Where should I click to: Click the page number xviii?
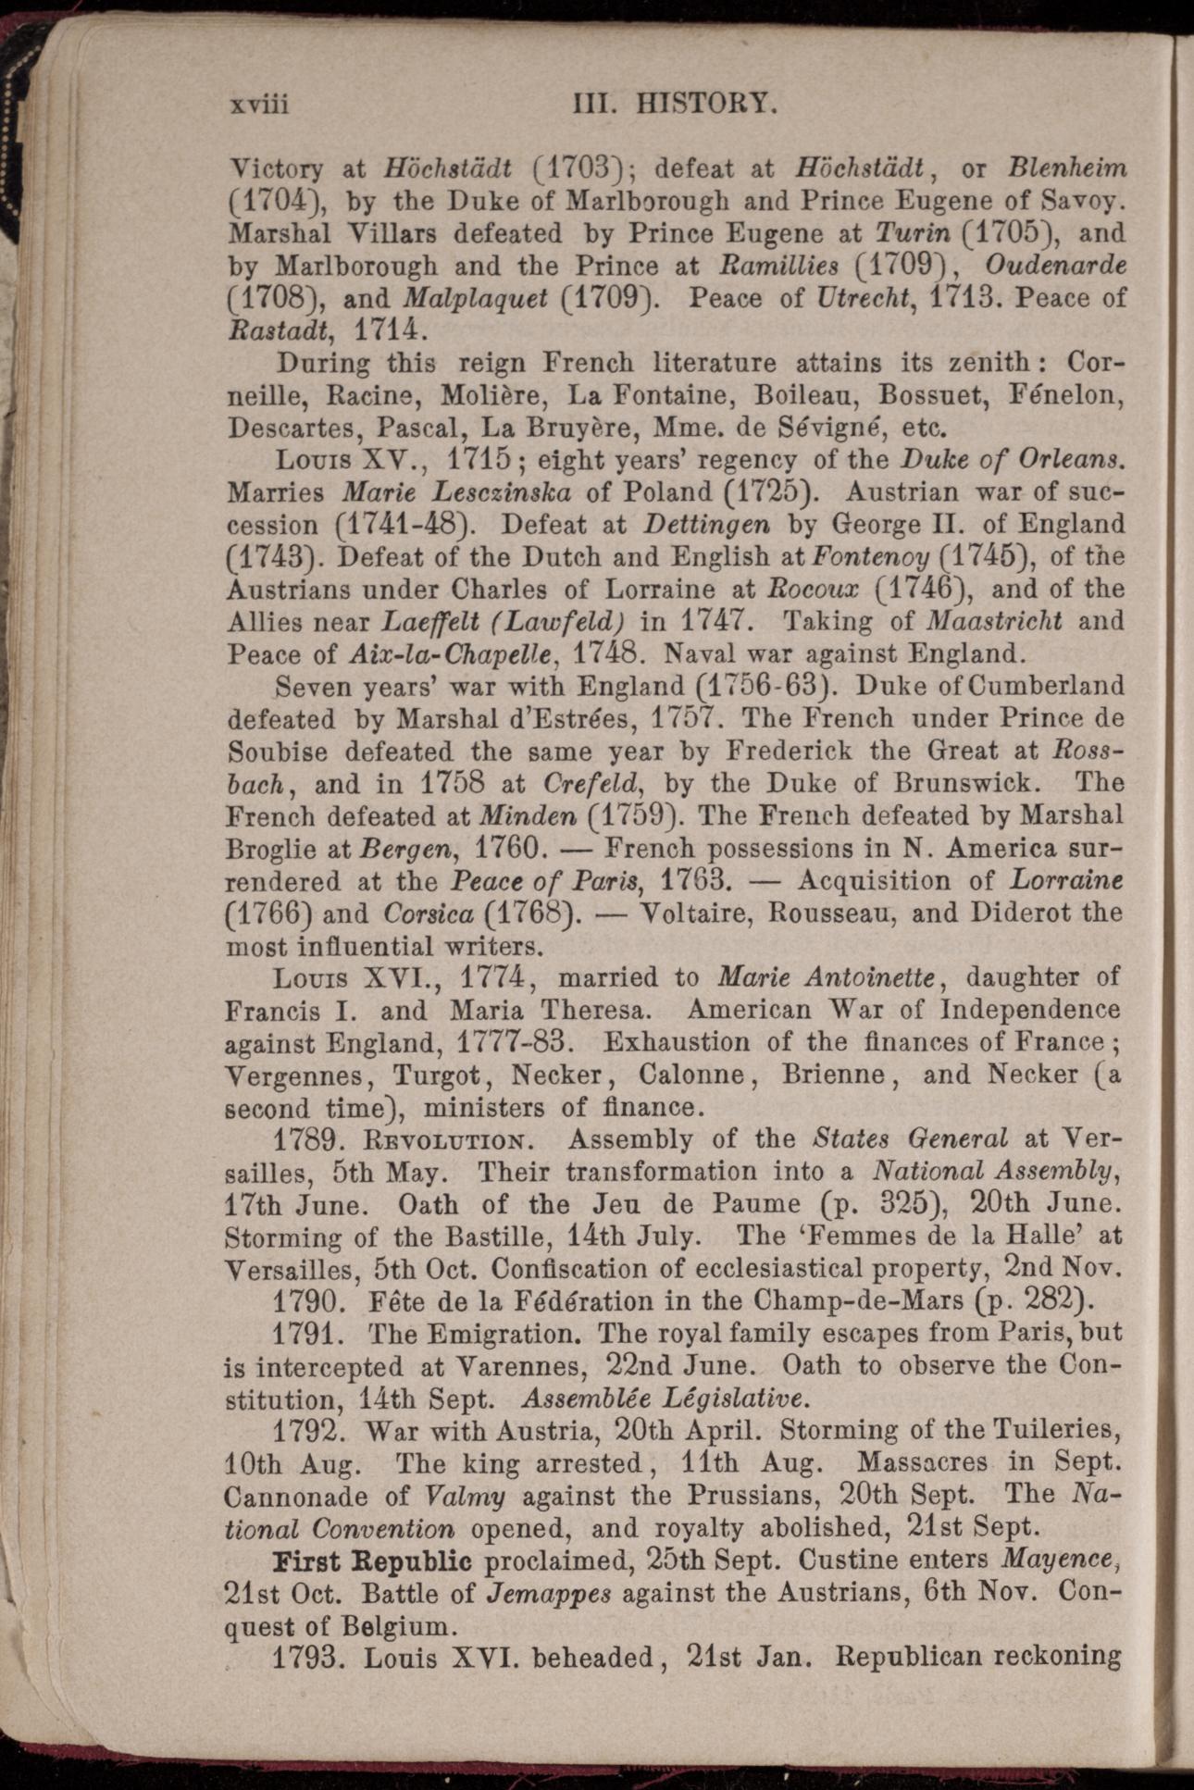258,105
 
